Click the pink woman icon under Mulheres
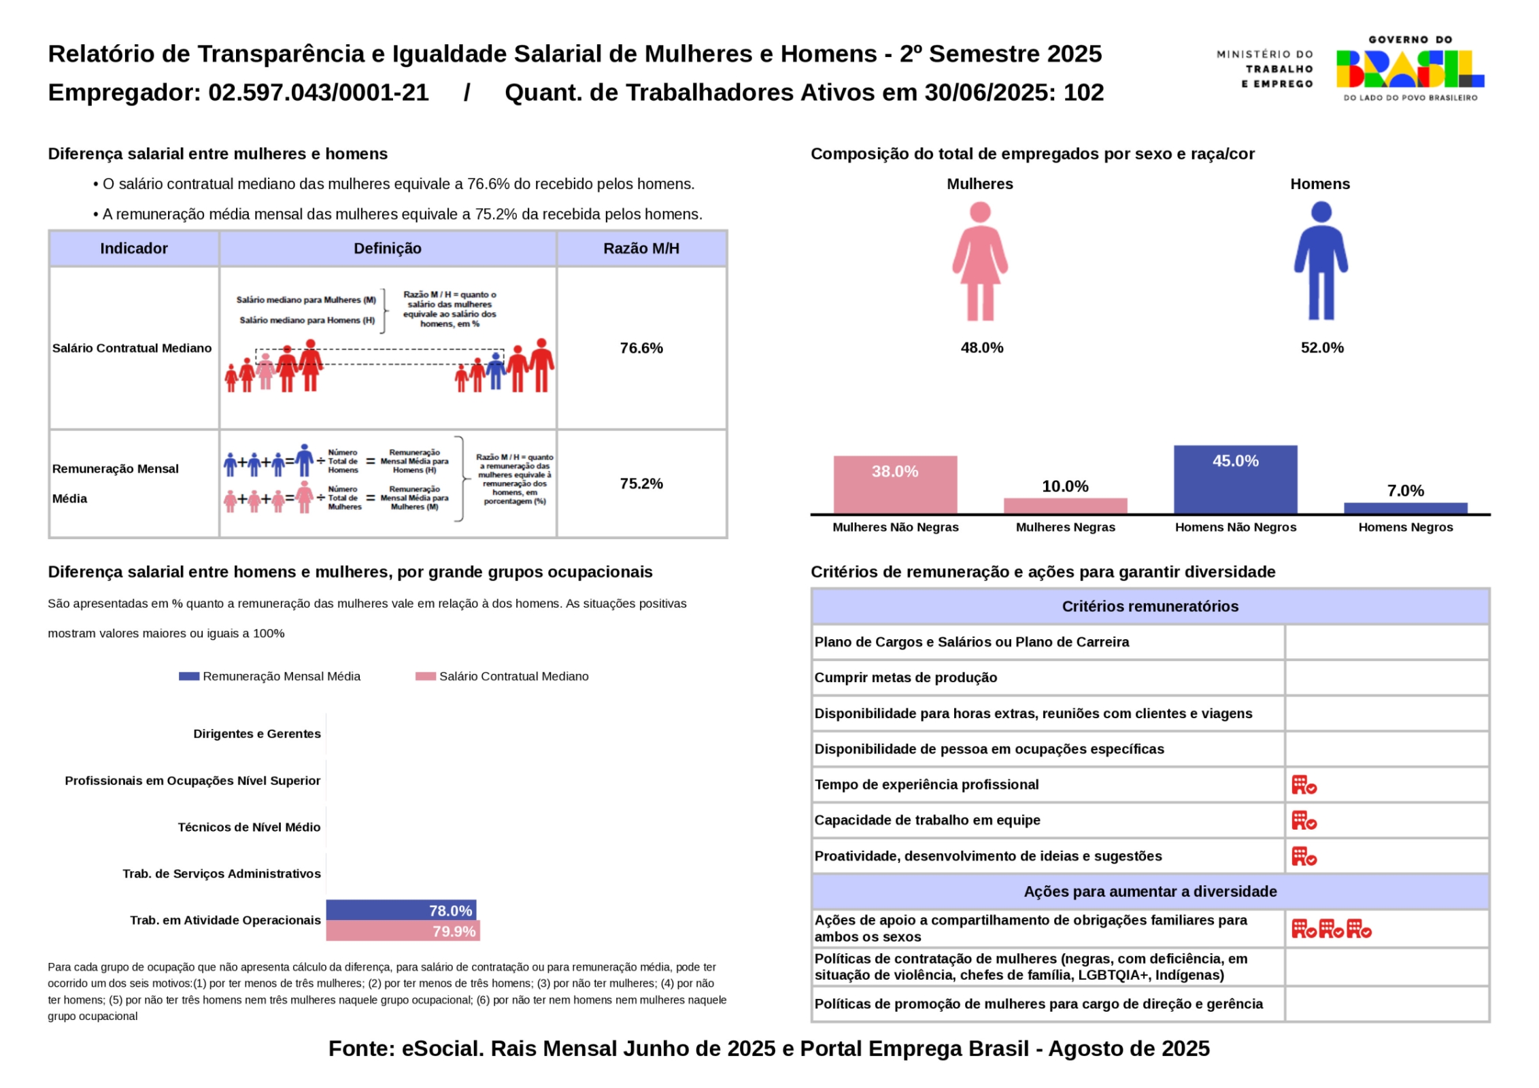pyautogui.click(x=980, y=261)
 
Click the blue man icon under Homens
pyautogui.click(x=1321, y=261)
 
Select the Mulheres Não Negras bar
pyautogui.click(x=895, y=484)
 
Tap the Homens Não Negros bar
pyautogui.click(x=1235, y=479)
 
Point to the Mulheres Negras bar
pyautogui.click(x=1065, y=506)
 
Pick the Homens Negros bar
pyautogui.click(x=1405, y=508)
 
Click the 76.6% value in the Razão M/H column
pyautogui.click(x=641, y=348)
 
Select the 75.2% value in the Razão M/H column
pyautogui.click(x=641, y=483)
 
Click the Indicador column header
pyautogui.click(x=134, y=248)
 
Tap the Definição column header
pyautogui.click(x=388, y=248)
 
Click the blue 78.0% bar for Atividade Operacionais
pyautogui.click(x=401, y=910)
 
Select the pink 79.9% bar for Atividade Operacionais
pyautogui.click(x=403, y=931)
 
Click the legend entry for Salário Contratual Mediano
pyautogui.click(x=503, y=676)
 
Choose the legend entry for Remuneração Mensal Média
pyautogui.click(x=270, y=676)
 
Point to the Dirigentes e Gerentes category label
pyautogui.click(x=256, y=734)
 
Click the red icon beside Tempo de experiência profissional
pyautogui.click(x=1304, y=785)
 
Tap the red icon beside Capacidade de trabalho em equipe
pyautogui.click(x=1304, y=821)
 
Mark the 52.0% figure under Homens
pyautogui.click(x=1322, y=347)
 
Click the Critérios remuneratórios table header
pyautogui.click(x=1150, y=607)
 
